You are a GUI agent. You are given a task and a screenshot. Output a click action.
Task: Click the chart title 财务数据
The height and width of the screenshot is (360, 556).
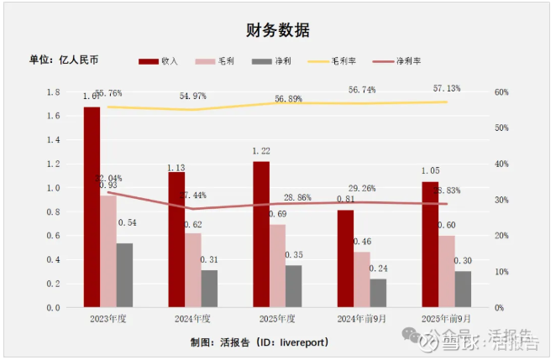278,30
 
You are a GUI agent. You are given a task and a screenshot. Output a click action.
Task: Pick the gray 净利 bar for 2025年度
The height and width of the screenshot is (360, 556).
294,286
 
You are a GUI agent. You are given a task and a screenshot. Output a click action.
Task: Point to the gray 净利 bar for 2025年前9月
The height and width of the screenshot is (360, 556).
463,289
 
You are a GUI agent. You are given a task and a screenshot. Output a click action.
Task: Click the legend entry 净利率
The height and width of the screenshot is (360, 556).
407,61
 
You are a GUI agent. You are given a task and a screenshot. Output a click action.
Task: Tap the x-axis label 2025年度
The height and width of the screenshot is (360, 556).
276,319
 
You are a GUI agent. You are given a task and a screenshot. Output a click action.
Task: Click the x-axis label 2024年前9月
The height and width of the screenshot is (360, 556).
360,319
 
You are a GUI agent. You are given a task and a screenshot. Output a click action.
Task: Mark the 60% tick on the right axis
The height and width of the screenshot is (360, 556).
501,92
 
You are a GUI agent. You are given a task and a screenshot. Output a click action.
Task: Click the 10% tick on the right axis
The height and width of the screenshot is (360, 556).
501,272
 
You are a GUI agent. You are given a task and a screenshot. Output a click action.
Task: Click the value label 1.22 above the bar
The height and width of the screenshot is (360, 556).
261,151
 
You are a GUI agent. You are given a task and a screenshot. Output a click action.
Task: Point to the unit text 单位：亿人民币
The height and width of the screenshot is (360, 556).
64,60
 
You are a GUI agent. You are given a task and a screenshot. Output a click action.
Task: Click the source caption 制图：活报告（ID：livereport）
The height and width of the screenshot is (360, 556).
260,342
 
